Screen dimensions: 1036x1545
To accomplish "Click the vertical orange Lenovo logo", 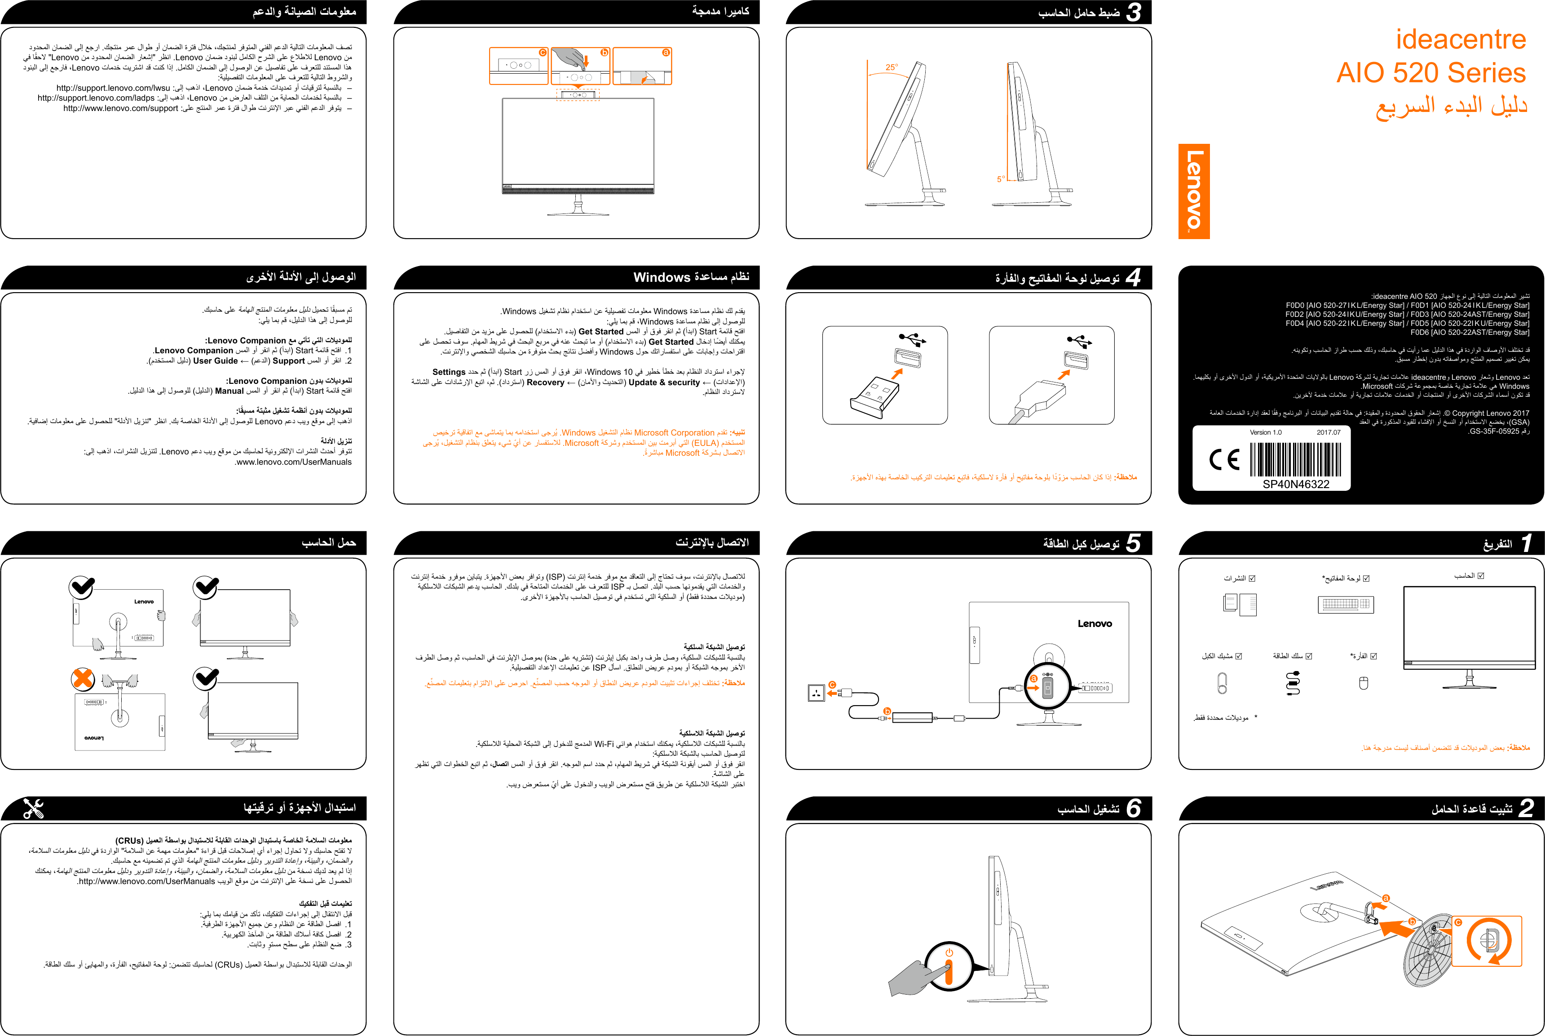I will pyautogui.click(x=1194, y=191).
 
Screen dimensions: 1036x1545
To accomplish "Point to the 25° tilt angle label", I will pyautogui.click(x=892, y=67).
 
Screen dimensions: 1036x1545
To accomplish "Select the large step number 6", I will pyautogui.click(x=1134, y=807).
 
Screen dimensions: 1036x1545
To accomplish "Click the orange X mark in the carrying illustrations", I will pyautogui.click(x=83, y=679).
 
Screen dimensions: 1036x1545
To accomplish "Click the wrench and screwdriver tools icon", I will pyautogui.click(x=33, y=808).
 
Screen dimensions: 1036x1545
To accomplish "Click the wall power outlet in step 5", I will pyautogui.click(x=816, y=693).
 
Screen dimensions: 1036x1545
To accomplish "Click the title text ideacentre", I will pyautogui.click(x=1461, y=40).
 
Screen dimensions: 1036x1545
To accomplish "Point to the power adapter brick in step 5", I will pyautogui.click(x=912, y=717).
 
